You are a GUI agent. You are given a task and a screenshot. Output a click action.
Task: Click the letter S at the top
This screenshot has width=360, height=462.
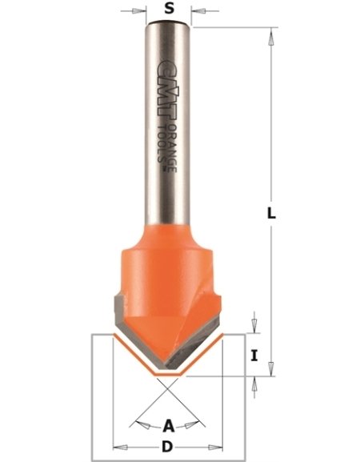pyautogui.click(x=168, y=10)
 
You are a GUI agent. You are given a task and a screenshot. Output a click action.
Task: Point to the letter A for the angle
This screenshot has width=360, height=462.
pyautogui.click(x=168, y=425)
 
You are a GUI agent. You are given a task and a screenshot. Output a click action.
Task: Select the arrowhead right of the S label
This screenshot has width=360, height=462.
pyautogui.click(x=200, y=11)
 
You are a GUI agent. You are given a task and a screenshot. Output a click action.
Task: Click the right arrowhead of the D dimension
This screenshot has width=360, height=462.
pyautogui.click(x=214, y=445)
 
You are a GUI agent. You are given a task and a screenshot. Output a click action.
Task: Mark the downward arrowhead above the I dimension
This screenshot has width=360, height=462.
pyautogui.click(x=254, y=327)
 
